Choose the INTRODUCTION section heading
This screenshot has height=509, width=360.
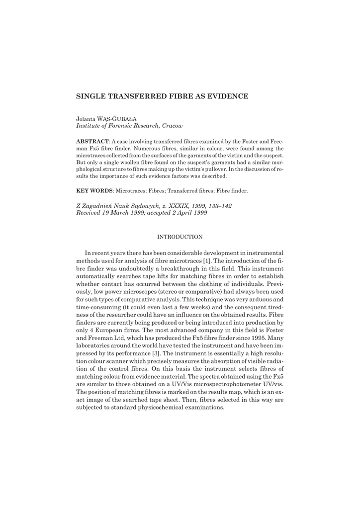(180, 237)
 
